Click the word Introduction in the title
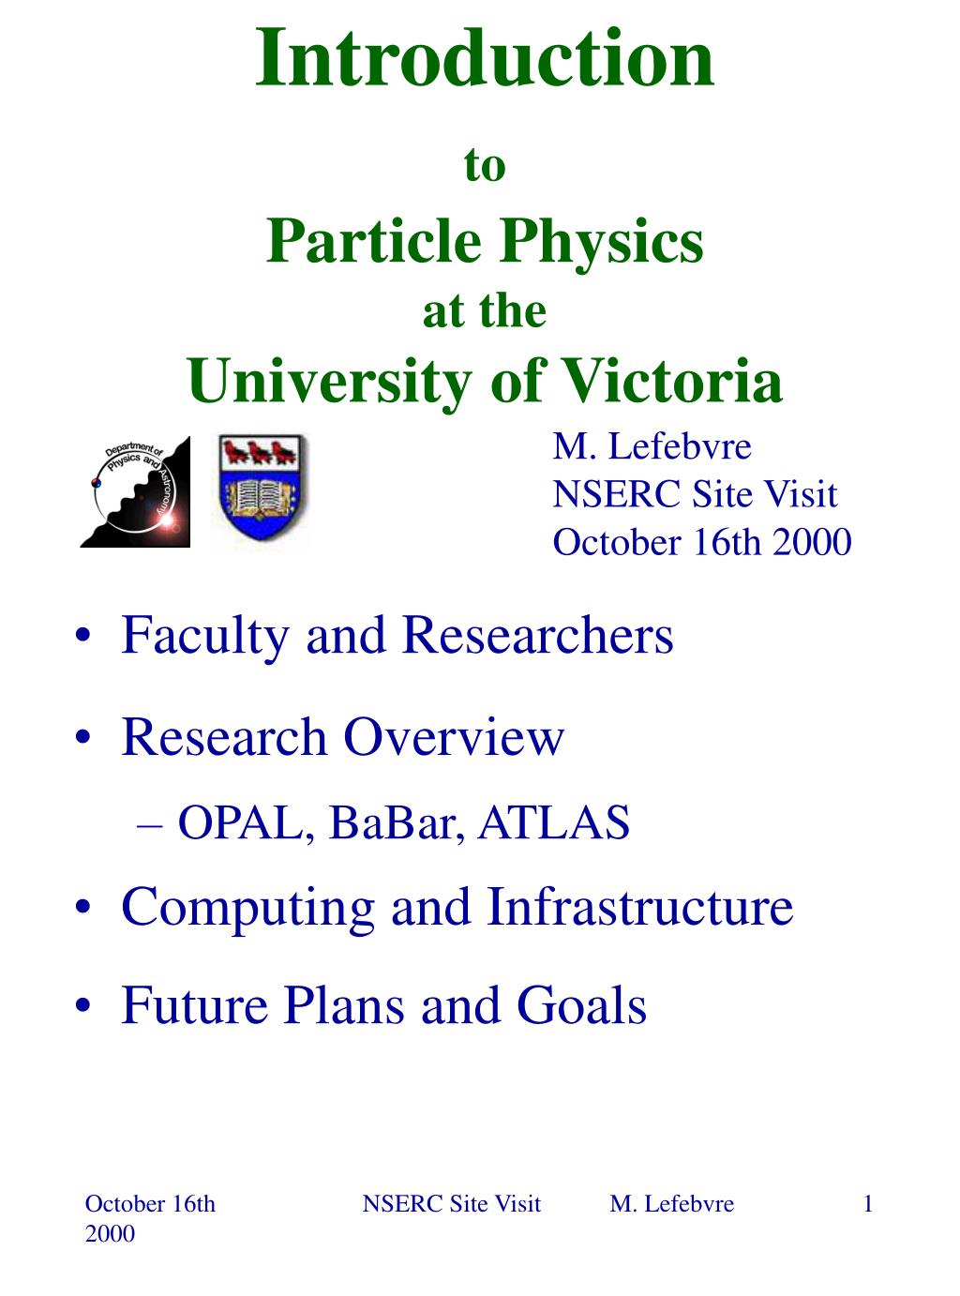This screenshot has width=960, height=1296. coord(485,58)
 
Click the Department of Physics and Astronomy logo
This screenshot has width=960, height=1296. coord(135,491)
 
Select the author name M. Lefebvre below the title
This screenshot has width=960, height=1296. coord(652,447)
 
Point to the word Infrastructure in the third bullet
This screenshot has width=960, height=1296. coord(639,908)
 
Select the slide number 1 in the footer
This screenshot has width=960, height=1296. coord(868,1204)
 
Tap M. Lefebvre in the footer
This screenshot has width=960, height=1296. coord(671,1204)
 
